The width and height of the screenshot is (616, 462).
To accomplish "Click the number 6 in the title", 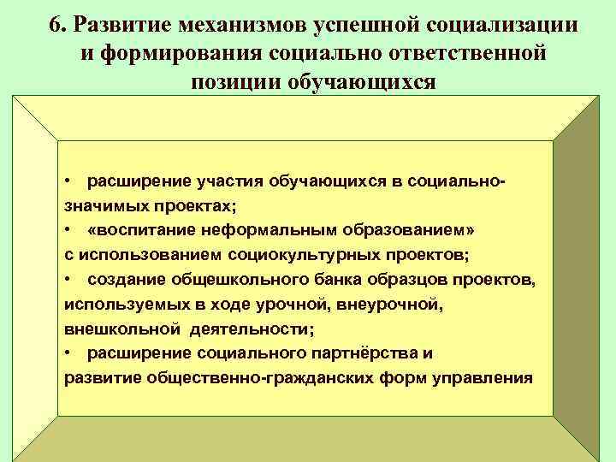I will [x=56, y=25].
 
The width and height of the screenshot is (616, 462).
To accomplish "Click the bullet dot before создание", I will [x=68, y=280].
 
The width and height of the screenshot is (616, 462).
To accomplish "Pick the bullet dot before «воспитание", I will [x=68, y=231].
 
